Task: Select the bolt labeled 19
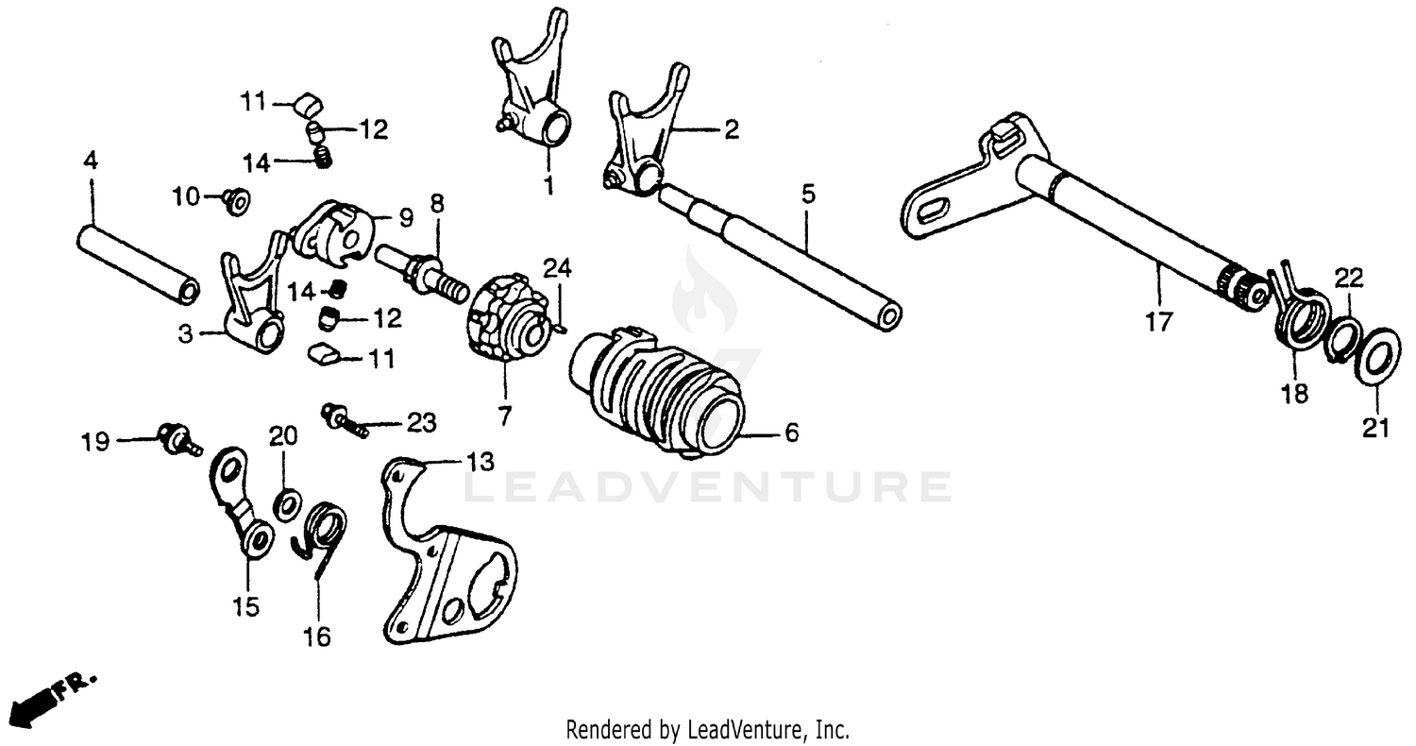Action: pyautogui.click(x=177, y=438)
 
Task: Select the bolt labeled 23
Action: pyautogui.click(x=344, y=417)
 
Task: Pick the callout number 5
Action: pyautogui.click(x=807, y=195)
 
